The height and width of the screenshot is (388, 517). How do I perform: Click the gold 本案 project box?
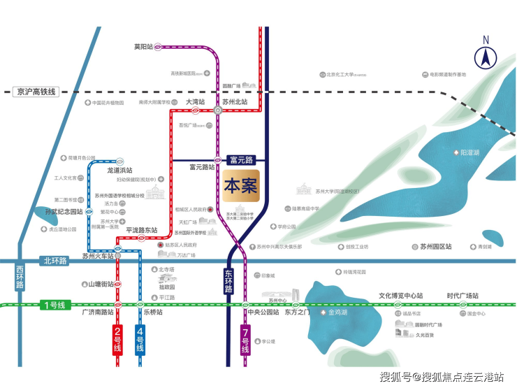click(241, 186)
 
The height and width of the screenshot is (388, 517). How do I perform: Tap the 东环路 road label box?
click(229, 281)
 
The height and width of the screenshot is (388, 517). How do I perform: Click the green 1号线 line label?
click(53, 305)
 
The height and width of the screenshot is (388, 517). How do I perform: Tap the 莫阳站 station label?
click(143, 47)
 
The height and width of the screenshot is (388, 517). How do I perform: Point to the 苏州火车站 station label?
click(96, 257)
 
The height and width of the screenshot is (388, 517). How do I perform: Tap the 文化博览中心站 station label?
click(401, 296)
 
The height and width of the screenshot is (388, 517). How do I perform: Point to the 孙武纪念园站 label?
click(59, 211)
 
